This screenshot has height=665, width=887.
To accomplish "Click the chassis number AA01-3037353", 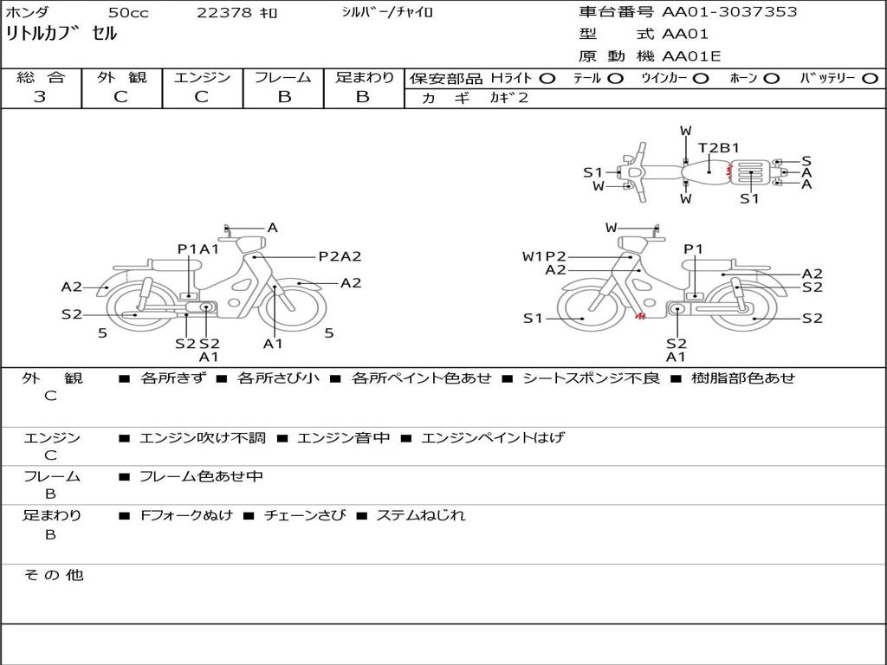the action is (729, 12).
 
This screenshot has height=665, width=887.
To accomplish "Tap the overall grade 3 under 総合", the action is (40, 96).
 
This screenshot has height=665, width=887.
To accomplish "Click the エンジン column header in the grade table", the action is (202, 77).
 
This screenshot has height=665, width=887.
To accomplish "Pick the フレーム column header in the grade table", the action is (283, 77).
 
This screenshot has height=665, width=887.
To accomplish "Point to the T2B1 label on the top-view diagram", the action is (718, 148).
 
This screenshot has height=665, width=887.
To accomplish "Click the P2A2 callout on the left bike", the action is (340, 256).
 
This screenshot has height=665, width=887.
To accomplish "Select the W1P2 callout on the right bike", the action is (544, 256).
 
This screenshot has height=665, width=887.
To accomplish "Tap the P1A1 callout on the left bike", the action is (198, 249).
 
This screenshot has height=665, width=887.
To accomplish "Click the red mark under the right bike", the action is (640, 316).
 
